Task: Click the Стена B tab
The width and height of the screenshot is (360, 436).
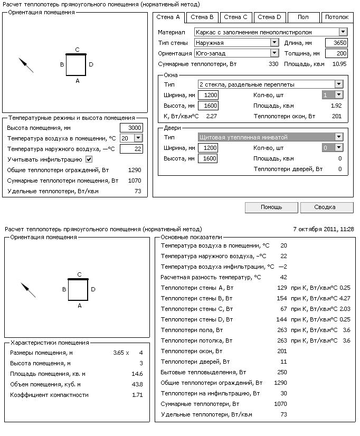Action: coord(202,17)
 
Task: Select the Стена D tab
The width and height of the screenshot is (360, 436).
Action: coord(269,17)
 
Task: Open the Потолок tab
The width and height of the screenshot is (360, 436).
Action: coord(336,17)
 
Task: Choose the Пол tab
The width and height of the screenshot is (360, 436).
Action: coord(303,17)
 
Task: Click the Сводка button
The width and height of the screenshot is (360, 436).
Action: coord(326,207)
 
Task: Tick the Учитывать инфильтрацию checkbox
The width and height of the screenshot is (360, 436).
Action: coord(89,159)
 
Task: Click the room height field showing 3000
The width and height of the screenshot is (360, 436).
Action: coord(131,128)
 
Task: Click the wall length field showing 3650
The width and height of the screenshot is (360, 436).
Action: coord(337,43)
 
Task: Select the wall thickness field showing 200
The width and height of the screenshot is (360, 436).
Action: coord(337,53)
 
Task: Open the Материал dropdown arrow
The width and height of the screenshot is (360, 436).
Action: coord(343,32)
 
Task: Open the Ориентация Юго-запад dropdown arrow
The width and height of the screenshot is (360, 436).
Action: coord(274,53)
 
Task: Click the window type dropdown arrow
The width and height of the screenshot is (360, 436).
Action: coord(339,84)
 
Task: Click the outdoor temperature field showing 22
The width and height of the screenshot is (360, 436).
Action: coord(131,149)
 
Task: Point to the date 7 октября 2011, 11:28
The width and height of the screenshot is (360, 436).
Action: coord(323,229)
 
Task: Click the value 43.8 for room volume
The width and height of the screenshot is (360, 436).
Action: coord(137,384)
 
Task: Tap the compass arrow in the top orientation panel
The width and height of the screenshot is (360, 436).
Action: coord(26,65)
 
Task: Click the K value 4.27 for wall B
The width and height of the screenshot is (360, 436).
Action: coord(345,298)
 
